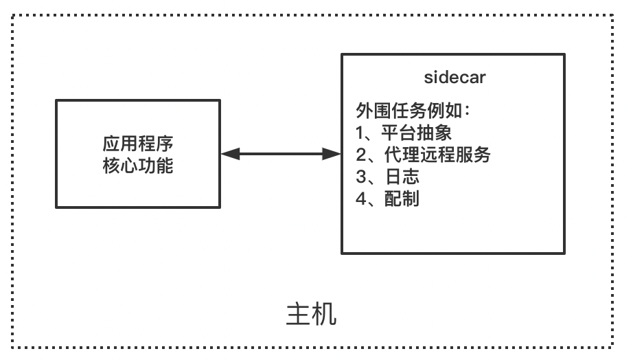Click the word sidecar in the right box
[454, 77]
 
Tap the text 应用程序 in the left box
[138, 144]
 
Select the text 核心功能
[138, 166]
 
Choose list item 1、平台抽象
[404, 133]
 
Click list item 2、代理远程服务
[423, 155]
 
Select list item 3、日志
[387, 177]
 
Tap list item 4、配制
[387, 199]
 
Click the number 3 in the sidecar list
[360, 177]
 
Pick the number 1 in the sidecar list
[360, 133]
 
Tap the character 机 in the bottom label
[325, 314]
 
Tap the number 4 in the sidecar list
[360, 199]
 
